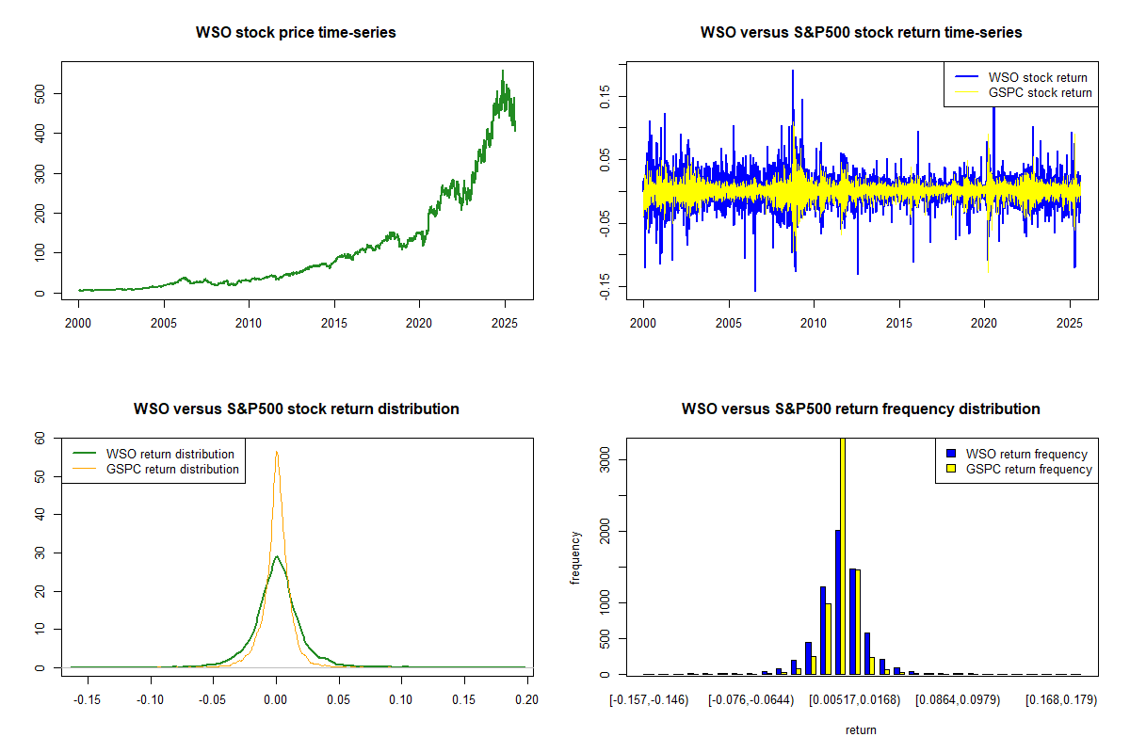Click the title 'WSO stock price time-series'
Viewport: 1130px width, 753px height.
pyautogui.click(x=296, y=33)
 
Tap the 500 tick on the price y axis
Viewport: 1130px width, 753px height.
pyautogui.click(x=40, y=93)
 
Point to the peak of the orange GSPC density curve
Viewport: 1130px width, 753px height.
pyautogui.click(x=277, y=452)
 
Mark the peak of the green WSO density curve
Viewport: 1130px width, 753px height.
pyautogui.click(x=276, y=556)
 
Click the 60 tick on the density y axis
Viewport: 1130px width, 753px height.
pyautogui.click(x=40, y=438)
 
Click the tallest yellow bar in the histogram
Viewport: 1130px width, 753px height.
pyautogui.click(x=842, y=555)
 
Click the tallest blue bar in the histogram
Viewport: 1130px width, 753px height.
pyautogui.click(x=837, y=602)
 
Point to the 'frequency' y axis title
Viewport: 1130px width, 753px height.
pyautogui.click(x=575, y=557)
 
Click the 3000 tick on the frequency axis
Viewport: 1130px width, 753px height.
pyautogui.click(x=606, y=458)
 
